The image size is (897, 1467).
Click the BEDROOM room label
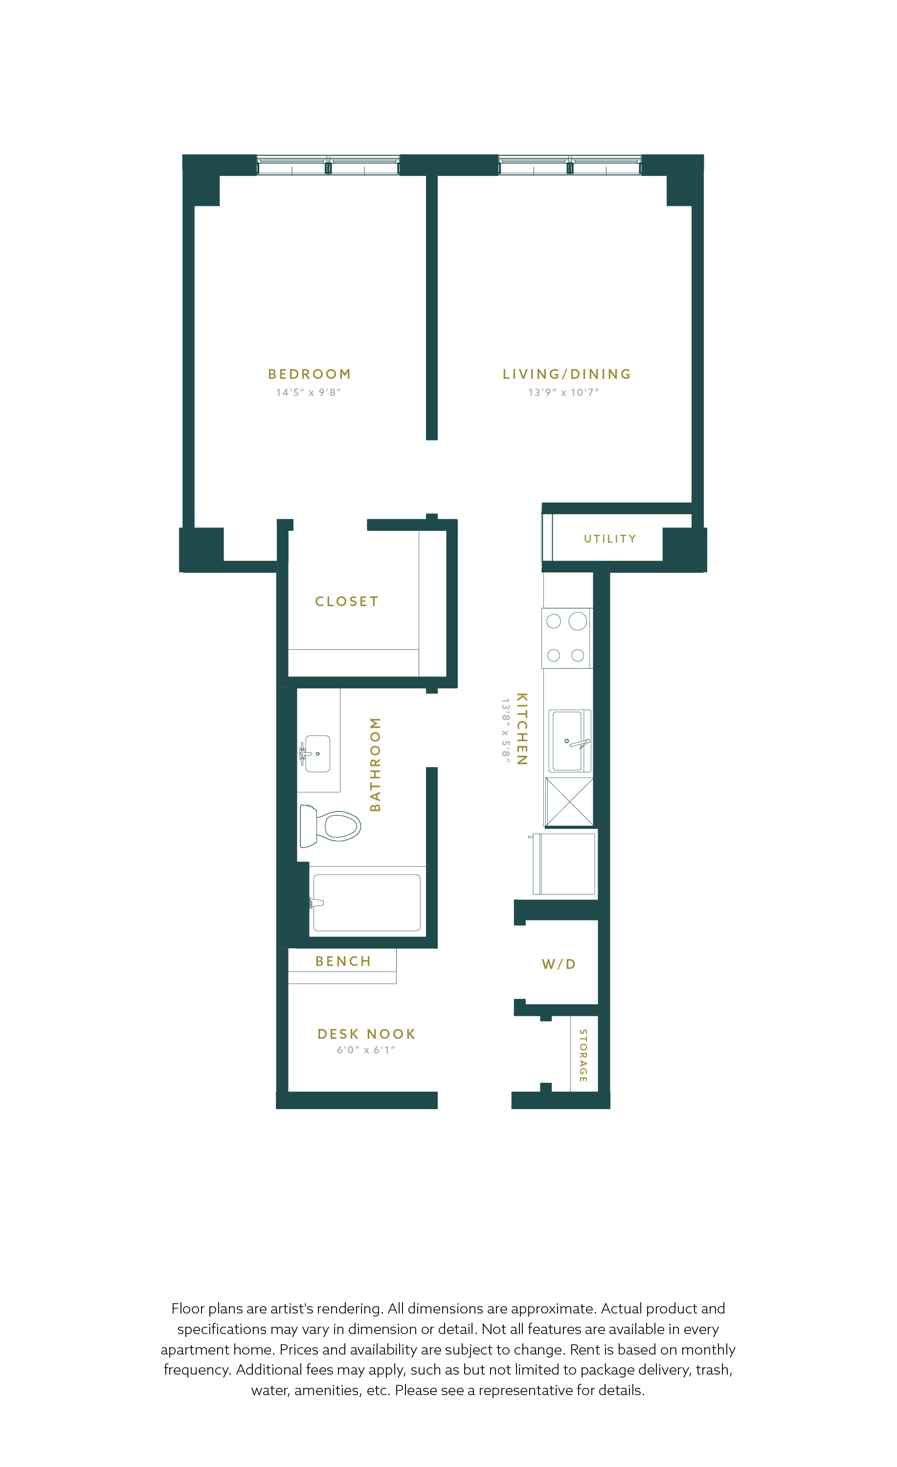(x=309, y=374)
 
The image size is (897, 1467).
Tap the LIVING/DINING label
(x=566, y=374)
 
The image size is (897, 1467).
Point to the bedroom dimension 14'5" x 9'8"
(x=308, y=393)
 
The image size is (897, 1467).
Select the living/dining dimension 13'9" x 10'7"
(x=563, y=393)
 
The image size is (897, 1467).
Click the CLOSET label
(x=347, y=601)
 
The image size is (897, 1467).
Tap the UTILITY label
(x=610, y=539)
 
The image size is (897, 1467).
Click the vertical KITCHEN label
(x=522, y=728)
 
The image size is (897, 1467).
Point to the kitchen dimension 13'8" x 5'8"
(x=505, y=729)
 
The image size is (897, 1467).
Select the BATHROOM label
(x=375, y=765)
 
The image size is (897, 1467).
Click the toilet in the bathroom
(x=330, y=826)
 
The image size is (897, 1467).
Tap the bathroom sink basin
(x=317, y=754)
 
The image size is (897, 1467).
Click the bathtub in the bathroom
(x=367, y=902)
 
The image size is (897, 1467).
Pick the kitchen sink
(x=569, y=741)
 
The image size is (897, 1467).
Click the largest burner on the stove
(x=578, y=621)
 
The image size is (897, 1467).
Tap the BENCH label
(x=343, y=961)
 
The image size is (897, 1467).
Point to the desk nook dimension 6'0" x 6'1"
(x=366, y=1050)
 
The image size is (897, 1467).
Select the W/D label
(x=559, y=964)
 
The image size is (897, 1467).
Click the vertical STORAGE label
(x=583, y=1055)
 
